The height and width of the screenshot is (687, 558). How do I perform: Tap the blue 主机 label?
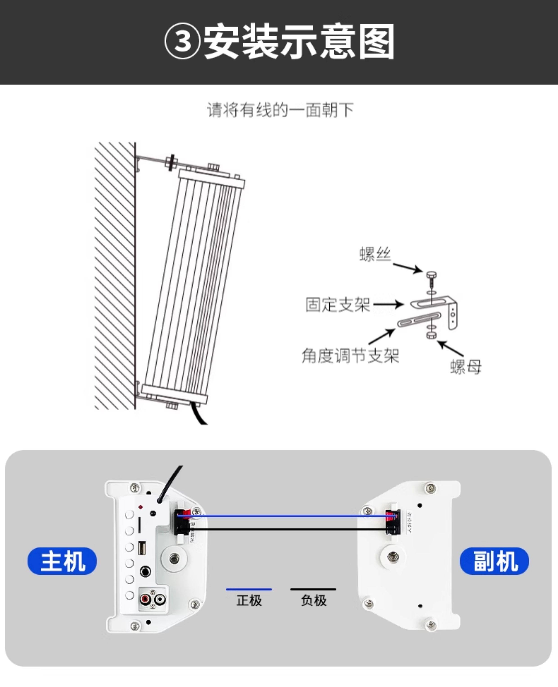62,561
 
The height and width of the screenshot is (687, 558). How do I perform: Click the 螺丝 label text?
375,255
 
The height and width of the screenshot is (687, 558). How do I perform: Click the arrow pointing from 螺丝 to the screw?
407,268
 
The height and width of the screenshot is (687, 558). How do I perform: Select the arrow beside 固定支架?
388,304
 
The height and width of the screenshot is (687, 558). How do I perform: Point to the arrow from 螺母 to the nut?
451,348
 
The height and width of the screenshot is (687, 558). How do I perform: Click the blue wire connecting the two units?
283,516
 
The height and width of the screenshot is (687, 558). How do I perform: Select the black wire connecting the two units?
283,529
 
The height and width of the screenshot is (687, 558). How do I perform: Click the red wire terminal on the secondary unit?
392,517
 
